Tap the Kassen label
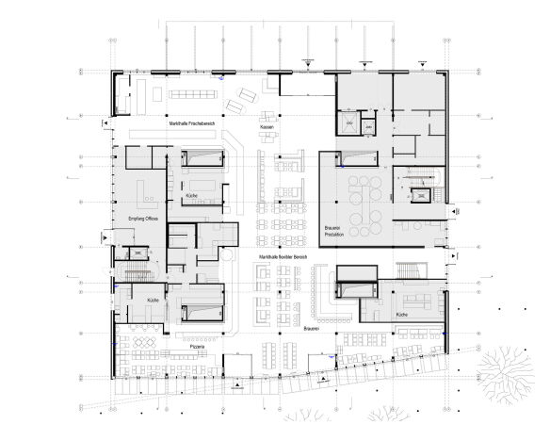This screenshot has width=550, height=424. [267, 127]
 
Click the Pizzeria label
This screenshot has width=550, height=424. [197, 347]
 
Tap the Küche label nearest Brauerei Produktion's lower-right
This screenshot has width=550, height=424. [402, 314]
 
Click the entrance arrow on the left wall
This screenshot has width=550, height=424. [107, 123]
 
